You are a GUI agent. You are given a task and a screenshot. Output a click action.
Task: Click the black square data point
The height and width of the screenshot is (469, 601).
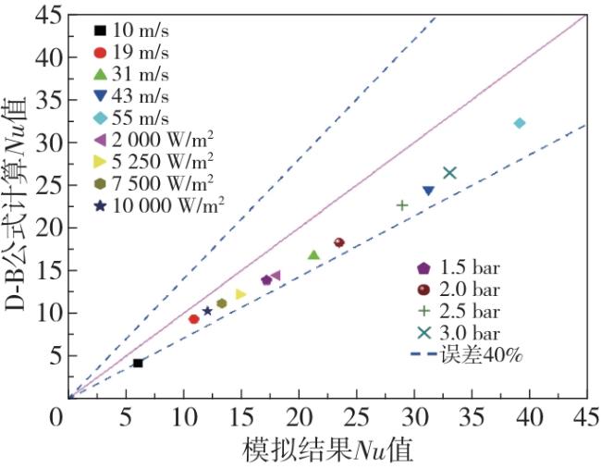(x=138, y=363)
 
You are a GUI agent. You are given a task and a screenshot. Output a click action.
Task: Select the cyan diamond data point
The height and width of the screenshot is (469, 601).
(x=520, y=123)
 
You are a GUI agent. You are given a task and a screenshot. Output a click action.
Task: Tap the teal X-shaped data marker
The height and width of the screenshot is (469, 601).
(x=449, y=173)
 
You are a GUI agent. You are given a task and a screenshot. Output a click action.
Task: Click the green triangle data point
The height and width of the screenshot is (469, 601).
(x=313, y=254)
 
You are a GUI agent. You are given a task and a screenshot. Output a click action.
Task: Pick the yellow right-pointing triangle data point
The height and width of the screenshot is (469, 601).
(x=240, y=294)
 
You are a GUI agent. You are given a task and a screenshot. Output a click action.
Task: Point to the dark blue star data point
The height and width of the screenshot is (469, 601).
(x=207, y=311)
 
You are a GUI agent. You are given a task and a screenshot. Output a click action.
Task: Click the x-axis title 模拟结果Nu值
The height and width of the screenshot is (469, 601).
(x=327, y=450)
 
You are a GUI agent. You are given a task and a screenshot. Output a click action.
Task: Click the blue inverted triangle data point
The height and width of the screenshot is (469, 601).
(x=428, y=191)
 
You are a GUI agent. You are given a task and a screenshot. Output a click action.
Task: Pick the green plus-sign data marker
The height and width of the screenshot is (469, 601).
(x=402, y=205)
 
